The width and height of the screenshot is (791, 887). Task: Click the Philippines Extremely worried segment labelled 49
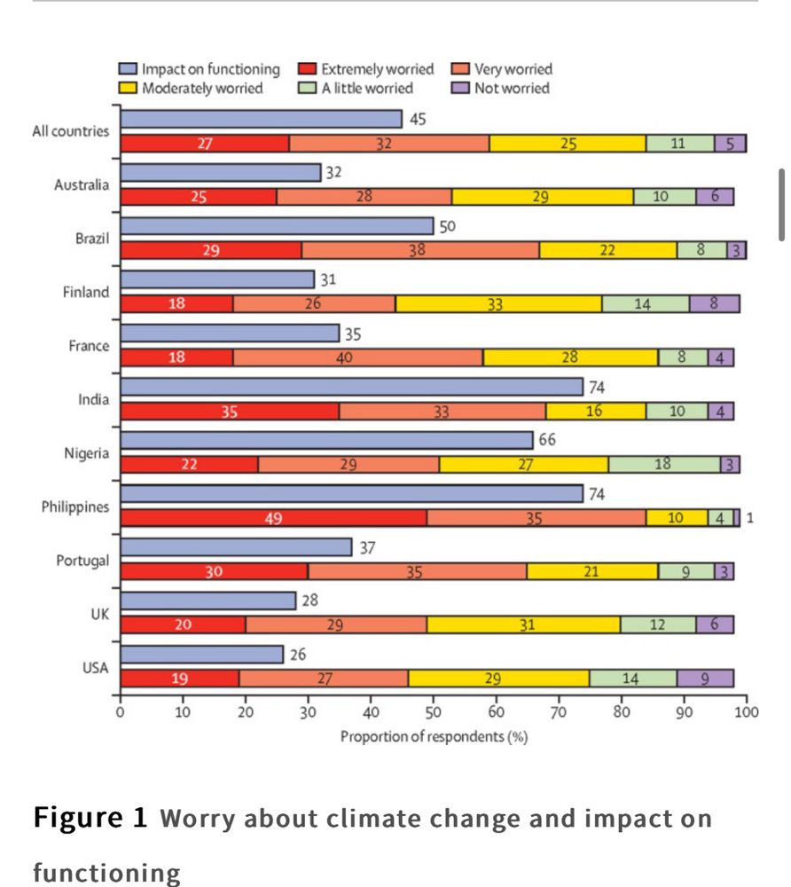pos(273,518)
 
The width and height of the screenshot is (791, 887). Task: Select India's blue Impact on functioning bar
pos(351,387)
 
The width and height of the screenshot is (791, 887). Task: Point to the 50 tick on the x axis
pos(434,710)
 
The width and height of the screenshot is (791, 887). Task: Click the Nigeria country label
pos(86,453)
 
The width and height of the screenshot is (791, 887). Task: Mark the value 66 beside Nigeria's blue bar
pos(547,439)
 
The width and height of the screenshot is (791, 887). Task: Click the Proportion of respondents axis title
pos(434,737)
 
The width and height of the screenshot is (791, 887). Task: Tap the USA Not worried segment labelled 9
pos(705,679)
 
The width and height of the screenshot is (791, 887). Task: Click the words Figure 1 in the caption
pos(90,818)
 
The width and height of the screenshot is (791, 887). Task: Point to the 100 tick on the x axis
pos(747,710)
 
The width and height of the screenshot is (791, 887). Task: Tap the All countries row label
pos(71,131)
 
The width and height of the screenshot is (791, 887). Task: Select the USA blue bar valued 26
pos(201,655)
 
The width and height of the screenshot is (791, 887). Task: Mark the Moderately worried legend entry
pos(202,88)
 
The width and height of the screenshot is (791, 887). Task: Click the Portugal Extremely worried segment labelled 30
pos(214,572)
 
